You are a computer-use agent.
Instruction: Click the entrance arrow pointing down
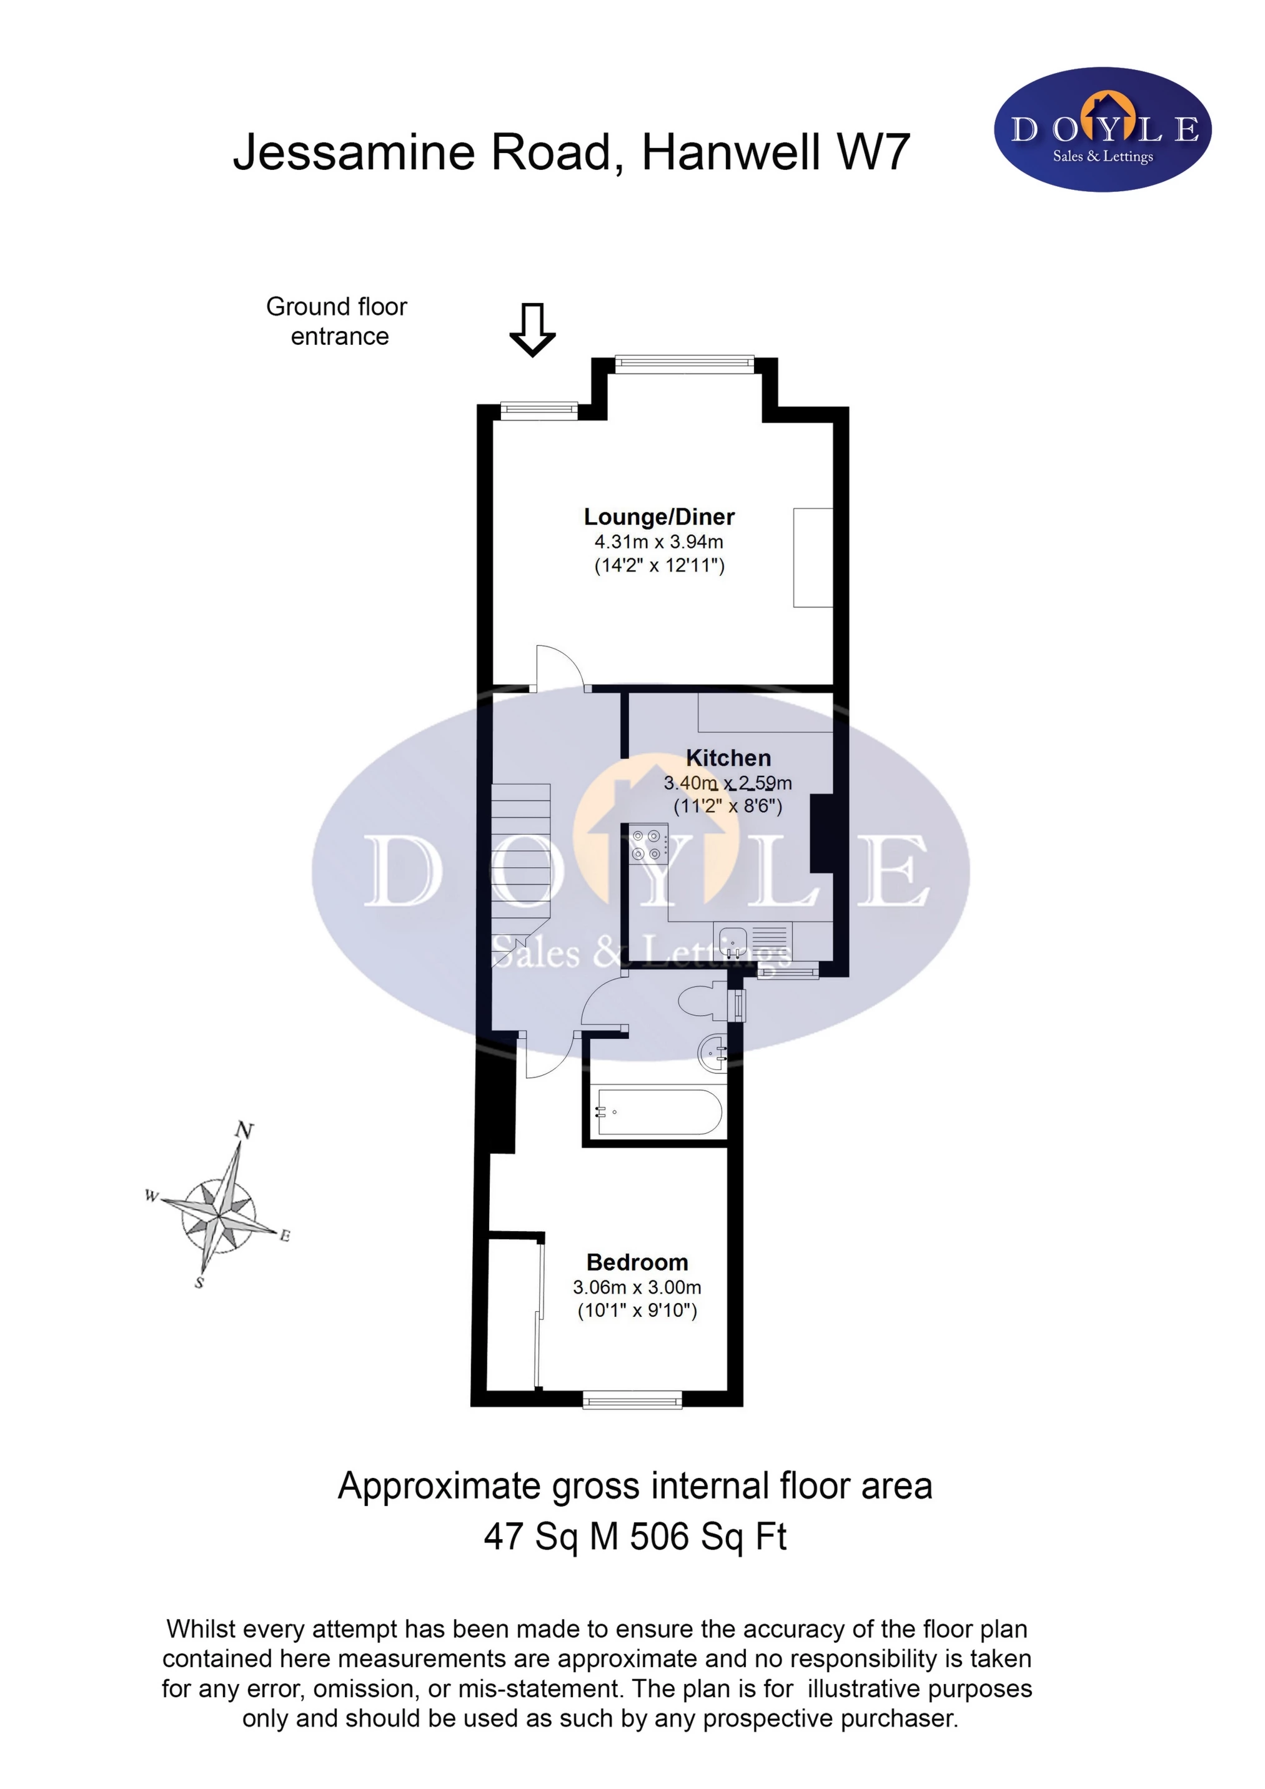pos(532,330)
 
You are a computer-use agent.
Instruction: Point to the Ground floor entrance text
pos(337,321)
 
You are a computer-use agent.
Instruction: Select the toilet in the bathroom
pos(702,1002)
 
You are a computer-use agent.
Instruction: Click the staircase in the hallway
pos(520,857)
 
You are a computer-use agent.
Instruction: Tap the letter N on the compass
pos(245,1130)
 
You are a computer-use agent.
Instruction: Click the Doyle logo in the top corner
pos(1102,129)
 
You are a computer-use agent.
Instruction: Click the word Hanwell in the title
pos(730,152)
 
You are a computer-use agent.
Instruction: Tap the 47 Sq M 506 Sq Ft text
pos(635,1537)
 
